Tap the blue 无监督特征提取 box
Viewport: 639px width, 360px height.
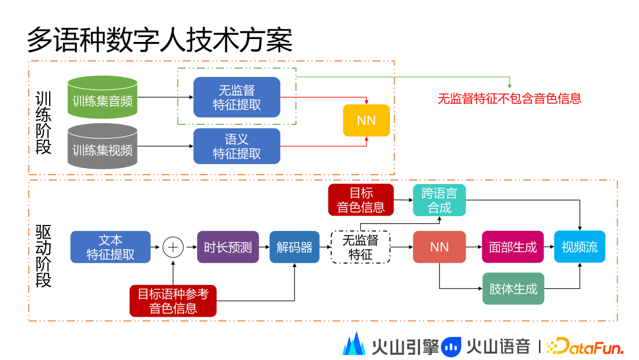point(237,98)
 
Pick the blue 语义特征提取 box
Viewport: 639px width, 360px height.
point(237,146)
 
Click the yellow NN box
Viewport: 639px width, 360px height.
point(366,121)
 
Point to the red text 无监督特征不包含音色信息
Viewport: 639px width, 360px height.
point(509,99)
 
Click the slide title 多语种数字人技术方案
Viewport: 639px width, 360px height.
point(160,40)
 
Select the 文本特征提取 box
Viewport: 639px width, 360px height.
point(111,247)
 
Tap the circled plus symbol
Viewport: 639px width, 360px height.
point(173,247)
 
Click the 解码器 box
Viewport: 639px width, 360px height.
point(294,247)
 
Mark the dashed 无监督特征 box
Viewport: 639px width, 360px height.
point(360,247)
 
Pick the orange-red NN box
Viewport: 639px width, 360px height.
point(439,247)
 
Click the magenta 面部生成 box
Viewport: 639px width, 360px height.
point(513,247)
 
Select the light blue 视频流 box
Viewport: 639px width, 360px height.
point(579,247)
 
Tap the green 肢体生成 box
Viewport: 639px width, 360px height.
point(513,289)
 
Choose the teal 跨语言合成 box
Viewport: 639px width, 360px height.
point(439,200)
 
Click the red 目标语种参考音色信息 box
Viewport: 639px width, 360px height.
point(173,301)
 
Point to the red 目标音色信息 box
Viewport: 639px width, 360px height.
point(361,200)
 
